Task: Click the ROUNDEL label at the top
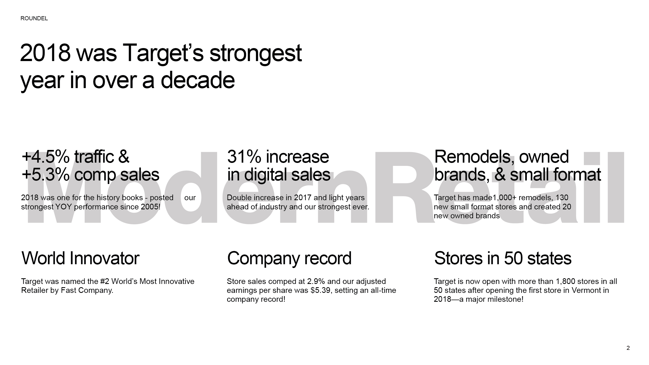[34, 18]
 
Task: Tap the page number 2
[628, 348]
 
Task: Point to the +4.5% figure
[46, 157]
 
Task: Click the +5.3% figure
[46, 175]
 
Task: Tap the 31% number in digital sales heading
[244, 157]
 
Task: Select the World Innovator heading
[80, 258]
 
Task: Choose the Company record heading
[289, 259]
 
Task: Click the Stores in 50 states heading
[503, 258]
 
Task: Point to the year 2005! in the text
[150, 207]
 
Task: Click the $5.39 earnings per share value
[321, 290]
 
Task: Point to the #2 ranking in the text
[105, 282]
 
